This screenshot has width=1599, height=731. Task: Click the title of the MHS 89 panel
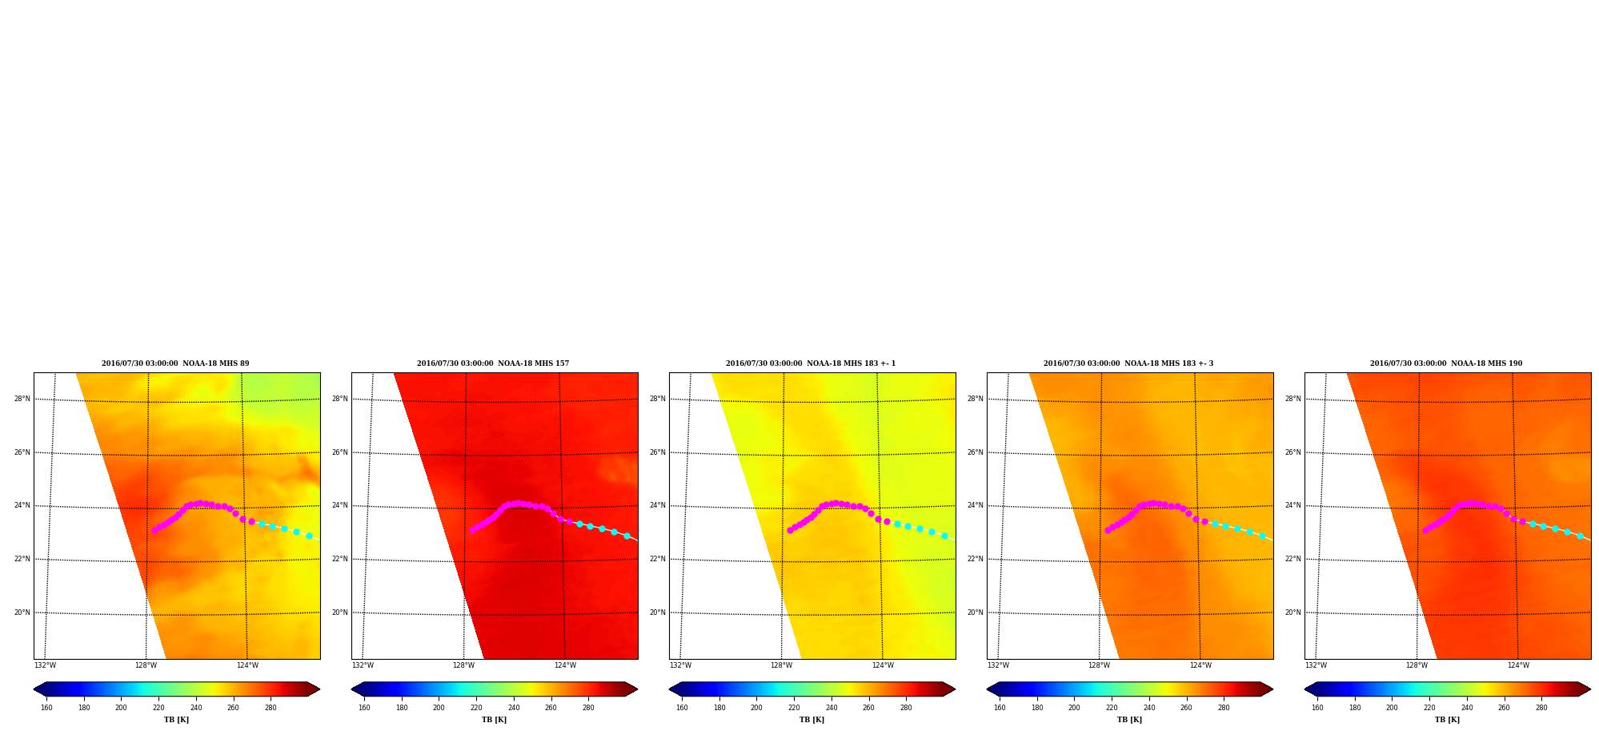(175, 363)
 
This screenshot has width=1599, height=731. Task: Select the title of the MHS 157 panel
(493, 363)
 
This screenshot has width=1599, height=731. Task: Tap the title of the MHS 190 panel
(1446, 363)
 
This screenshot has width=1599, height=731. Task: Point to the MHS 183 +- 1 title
(811, 363)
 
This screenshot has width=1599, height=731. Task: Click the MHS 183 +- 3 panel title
(1128, 363)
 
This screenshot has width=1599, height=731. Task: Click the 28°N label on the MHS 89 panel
(22, 399)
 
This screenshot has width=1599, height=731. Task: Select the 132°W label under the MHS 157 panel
(363, 665)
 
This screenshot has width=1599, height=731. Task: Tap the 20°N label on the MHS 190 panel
(1293, 613)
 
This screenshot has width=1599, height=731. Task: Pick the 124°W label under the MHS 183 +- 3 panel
(1200, 665)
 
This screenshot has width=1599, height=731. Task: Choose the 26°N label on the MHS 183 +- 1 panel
(658, 452)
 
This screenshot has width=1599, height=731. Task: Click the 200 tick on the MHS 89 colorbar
(121, 708)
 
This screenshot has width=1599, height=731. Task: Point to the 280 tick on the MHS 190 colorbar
(1541, 708)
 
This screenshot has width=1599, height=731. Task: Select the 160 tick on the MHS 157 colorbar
(364, 708)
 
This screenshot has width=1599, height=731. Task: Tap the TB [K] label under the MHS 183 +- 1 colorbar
(812, 720)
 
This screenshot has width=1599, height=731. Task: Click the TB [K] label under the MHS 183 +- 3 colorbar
(1129, 720)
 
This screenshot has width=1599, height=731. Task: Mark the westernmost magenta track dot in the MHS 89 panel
(154, 530)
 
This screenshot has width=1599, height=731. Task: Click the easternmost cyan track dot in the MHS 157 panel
(627, 536)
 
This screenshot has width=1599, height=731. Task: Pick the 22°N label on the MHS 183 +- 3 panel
(976, 559)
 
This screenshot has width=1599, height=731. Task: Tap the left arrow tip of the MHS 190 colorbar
(1305, 689)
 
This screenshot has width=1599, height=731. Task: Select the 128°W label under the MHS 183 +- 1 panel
(782, 665)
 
